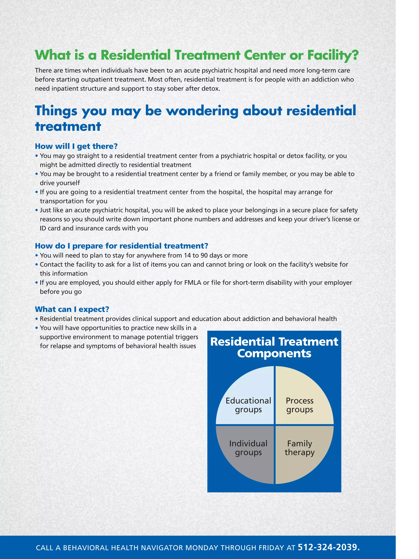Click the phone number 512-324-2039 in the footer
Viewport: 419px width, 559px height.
coord(329,547)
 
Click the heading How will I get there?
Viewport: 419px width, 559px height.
coord(76,146)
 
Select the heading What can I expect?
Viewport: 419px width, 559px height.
coord(72,309)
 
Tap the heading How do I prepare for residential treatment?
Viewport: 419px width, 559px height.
coord(122,246)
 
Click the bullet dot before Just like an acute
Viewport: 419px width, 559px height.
coord(37,210)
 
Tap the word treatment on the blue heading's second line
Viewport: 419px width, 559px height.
coord(68,126)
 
